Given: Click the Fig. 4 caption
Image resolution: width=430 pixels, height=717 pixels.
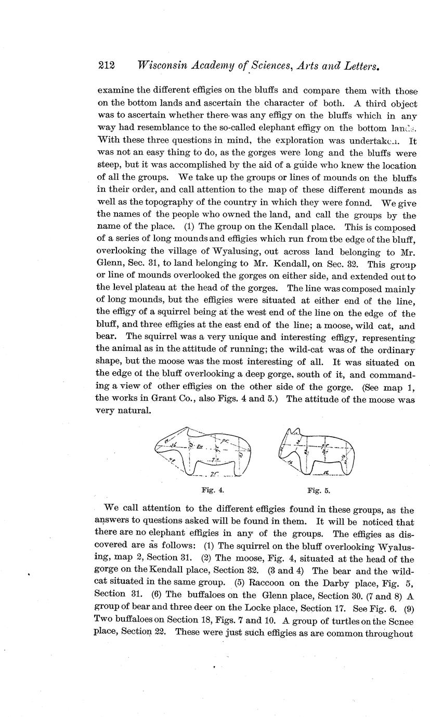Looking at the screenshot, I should pos(212,490).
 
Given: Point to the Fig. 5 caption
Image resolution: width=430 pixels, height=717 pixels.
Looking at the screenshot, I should pos(319,490).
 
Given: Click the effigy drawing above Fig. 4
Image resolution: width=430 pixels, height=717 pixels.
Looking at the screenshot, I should pos(203,451).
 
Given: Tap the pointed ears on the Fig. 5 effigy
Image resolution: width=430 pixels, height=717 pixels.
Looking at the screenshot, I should pos(292,432).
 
